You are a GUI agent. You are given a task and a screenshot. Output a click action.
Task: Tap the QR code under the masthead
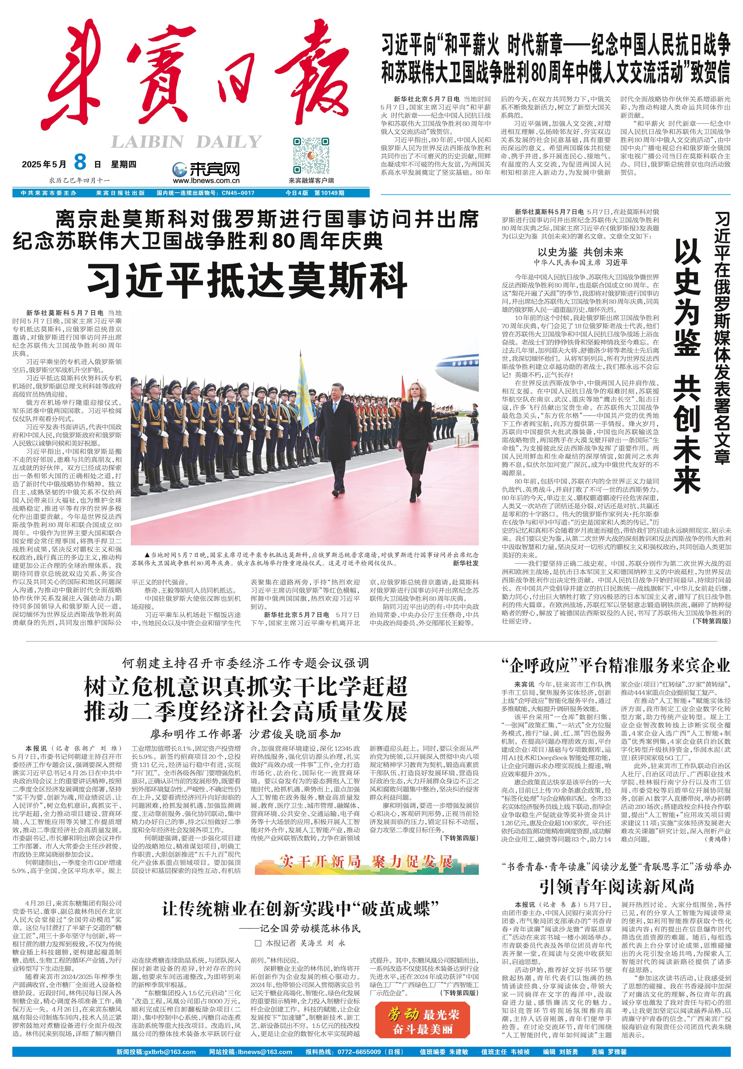[311, 156]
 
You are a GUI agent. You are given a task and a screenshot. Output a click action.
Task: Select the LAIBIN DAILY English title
[186, 142]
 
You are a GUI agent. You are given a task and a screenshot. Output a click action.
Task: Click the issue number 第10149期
[329, 193]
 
